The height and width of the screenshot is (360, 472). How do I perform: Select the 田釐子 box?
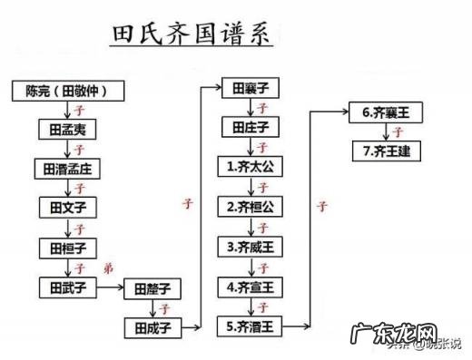coord(152,289)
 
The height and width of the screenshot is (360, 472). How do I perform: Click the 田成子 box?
coord(152,325)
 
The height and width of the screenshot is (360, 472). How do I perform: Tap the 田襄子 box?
coord(251,88)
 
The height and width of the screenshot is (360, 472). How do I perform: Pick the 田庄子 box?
coord(251,127)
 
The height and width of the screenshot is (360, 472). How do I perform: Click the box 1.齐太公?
coord(251,167)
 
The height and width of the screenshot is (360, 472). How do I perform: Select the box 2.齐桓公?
coord(251,207)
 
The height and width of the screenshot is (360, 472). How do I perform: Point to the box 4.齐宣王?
coord(251,287)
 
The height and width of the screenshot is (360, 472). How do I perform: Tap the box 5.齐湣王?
coord(251,325)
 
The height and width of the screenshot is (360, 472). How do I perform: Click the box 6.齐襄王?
coord(385,113)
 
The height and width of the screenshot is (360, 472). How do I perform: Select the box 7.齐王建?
coord(385,151)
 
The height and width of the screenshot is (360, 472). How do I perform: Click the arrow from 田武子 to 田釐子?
coord(110,288)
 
